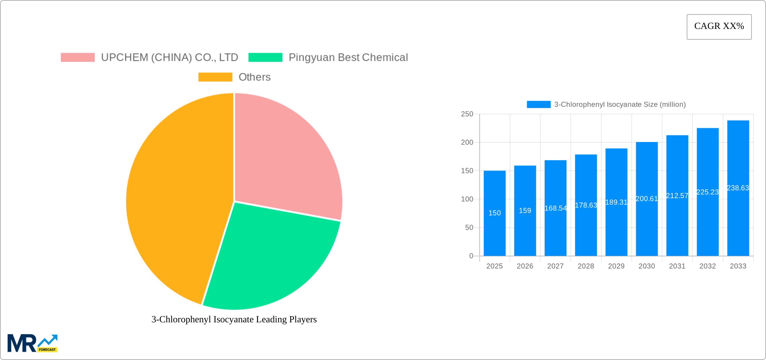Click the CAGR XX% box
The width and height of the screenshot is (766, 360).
click(x=719, y=27)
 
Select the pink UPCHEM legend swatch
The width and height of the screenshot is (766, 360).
click(x=78, y=58)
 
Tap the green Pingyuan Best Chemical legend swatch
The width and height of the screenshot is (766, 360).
click(x=265, y=58)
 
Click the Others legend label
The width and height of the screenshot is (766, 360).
click(x=254, y=77)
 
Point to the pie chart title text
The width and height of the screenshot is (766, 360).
click(x=234, y=319)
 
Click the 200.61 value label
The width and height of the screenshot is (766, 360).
click(x=647, y=199)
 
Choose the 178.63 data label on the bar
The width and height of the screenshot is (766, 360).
click(x=586, y=205)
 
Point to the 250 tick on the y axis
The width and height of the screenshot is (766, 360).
click(x=467, y=114)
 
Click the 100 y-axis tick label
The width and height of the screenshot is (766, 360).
click(x=467, y=199)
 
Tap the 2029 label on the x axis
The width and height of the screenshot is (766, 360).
click(x=616, y=266)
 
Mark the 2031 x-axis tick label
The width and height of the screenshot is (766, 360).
click(x=677, y=266)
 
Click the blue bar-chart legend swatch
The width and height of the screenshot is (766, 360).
click(x=539, y=105)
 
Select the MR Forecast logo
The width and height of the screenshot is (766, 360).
click(x=33, y=343)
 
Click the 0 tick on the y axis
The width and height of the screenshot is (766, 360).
click(x=471, y=256)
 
